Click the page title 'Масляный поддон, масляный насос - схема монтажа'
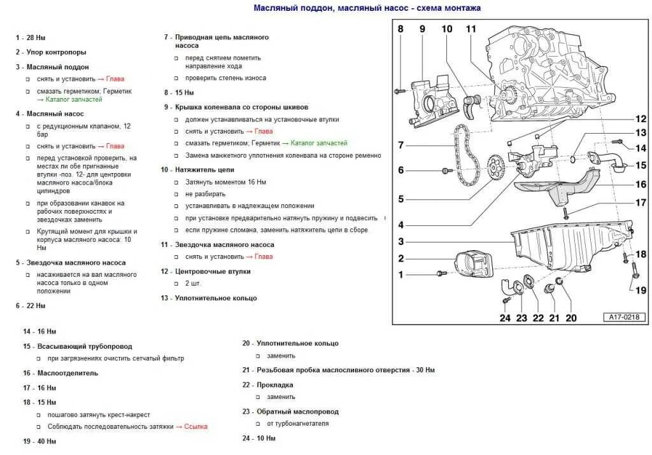click(x=367, y=8)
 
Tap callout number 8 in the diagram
click(x=400, y=29)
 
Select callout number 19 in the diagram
click(x=641, y=290)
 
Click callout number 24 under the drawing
click(x=505, y=318)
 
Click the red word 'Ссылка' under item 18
click(x=195, y=426)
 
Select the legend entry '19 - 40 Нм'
click(x=39, y=441)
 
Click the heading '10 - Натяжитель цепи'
click(x=197, y=170)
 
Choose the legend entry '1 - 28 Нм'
click(x=31, y=38)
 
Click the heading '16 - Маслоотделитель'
click(x=60, y=373)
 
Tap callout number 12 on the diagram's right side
click(x=640, y=119)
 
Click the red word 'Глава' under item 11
click(x=263, y=256)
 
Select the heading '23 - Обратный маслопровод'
click(x=290, y=412)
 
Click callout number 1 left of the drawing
click(x=401, y=274)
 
